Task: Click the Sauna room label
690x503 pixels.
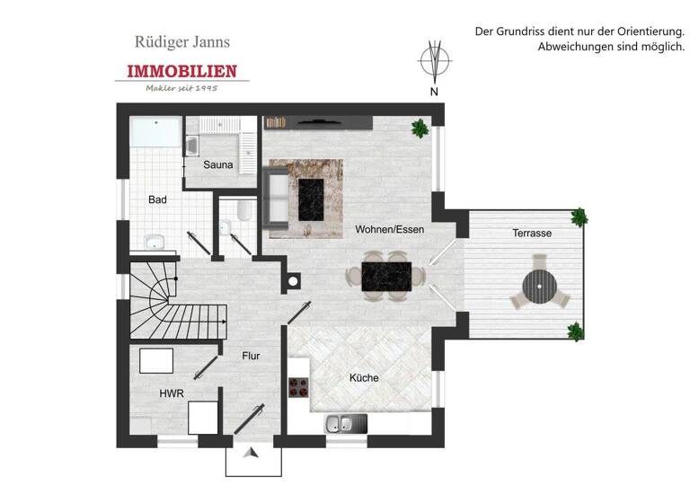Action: [218, 164]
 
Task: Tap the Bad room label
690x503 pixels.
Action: [157, 199]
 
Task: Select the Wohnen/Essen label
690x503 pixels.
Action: [389, 229]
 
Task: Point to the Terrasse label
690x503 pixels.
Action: [532, 233]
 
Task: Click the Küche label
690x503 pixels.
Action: [364, 378]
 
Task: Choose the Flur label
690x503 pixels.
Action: [252, 356]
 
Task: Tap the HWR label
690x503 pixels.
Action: [171, 393]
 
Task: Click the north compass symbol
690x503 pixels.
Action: [434, 61]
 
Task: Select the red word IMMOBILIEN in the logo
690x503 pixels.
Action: [182, 71]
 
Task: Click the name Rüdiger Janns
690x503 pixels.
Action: [182, 41]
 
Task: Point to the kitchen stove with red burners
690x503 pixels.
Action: [298, 388]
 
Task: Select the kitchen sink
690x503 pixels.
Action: [343, 422]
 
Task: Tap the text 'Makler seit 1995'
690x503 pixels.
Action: [182, 87]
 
